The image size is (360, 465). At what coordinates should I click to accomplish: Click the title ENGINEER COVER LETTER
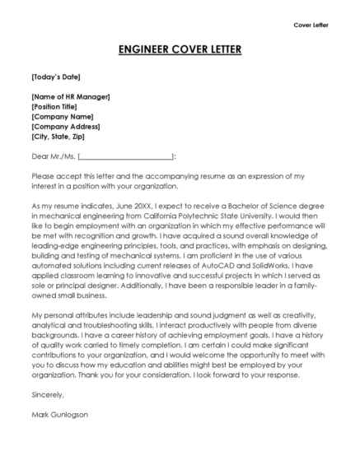point(180,49)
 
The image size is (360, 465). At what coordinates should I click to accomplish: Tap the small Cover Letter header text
point(311,25)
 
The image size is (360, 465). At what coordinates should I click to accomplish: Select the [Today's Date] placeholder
point(55,77)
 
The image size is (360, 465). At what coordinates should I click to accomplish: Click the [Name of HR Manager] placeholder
point(70,97)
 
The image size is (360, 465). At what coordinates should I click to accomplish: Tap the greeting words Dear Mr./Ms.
point(52,156)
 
